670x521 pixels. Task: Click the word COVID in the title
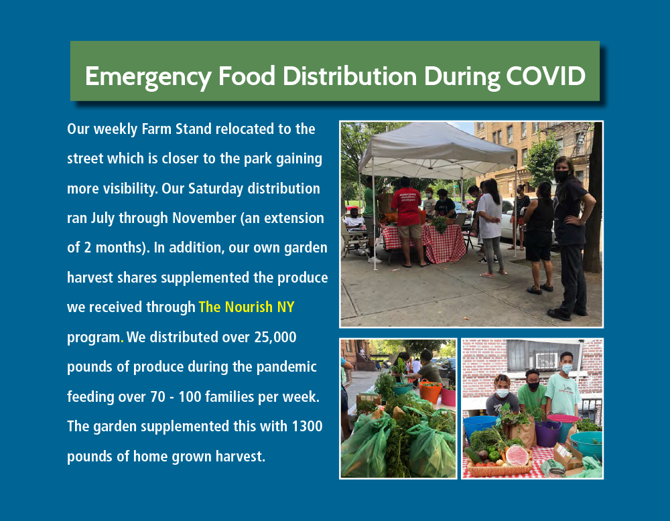coord(545,76)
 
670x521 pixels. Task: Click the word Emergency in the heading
coord(148,77)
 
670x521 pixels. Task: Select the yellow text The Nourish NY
coord(247,307)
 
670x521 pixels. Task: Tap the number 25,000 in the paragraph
coord(275,338)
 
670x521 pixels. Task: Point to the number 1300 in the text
coord(308,426)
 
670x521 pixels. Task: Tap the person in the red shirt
coord(407,222)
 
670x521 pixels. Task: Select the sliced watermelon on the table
coord(517,455)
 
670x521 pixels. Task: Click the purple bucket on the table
coord(548,433)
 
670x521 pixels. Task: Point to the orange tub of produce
coord(430,391)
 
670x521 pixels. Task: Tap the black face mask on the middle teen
coord(533,386)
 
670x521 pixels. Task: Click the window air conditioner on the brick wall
coord(547,360)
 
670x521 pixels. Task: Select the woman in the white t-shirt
coord(490,226)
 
